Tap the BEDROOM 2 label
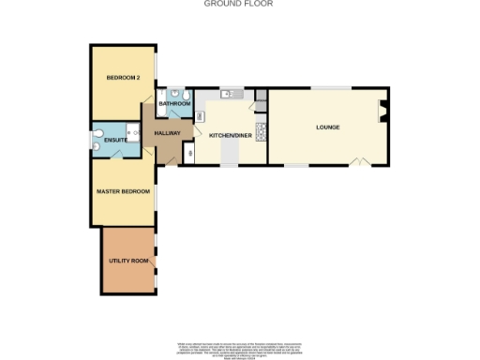pos(123,77)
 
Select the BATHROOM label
pos(174,103)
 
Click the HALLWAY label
pos(167,134)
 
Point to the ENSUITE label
pos(115,141)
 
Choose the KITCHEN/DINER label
pos(230,135)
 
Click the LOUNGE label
pos(327,127)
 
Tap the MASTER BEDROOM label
pos(123,191)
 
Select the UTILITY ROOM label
pos(128,258)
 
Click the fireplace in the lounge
pos(382,112)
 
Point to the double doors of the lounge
pos(358,162)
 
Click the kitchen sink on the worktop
pos(228,94)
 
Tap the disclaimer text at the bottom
pos(239,349)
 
